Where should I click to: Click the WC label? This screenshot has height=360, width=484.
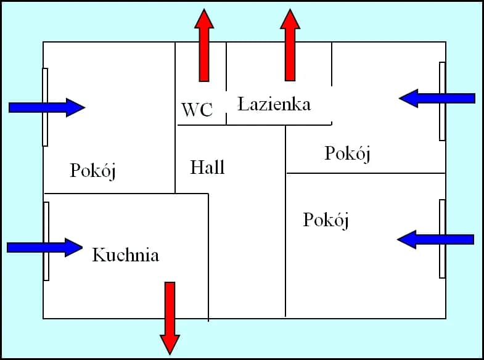click(197, 110)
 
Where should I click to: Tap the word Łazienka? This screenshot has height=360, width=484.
click(274, 104)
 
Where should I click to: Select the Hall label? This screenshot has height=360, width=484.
click(207, 167)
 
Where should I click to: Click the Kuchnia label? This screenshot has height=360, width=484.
click(125, 255)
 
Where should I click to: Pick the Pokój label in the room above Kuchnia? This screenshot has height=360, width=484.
click(93, 171)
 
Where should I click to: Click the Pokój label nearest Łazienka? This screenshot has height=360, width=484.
click(348, 153)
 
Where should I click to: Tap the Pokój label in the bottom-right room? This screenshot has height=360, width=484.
click(326, 220)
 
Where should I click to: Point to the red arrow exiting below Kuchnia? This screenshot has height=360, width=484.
click(170, 317)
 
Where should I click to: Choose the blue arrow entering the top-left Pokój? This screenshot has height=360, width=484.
click(47, 108)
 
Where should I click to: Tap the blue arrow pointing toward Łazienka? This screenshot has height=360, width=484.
click(437, 98)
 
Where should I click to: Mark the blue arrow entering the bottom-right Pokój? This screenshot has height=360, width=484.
click(435, 239)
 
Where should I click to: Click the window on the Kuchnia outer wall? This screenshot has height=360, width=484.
click(46, 241)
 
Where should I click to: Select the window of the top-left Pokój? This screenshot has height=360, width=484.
click(45, 107)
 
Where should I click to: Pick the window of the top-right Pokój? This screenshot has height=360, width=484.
click(442, 101)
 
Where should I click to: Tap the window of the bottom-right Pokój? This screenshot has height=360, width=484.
click(442, 239)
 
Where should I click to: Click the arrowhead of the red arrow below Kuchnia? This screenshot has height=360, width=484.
click(170, 343)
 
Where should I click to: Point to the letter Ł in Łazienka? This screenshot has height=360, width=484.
click(244, 104)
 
